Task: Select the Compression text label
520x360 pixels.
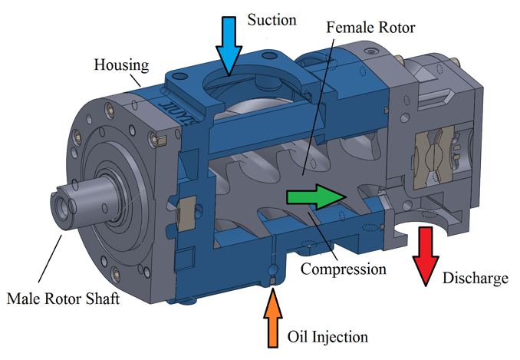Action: click(x=343, y=269)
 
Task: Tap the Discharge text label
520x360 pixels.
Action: click(x=475, y=277)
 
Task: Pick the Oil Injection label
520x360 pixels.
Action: click(x=327, y=336)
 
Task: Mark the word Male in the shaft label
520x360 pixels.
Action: click(x=24, y=298)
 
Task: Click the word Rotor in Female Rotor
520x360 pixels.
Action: click(x=396, y=28)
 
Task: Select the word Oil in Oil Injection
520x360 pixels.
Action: click(x=298, y=336)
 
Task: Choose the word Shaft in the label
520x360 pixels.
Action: click(x=102, y=298)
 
